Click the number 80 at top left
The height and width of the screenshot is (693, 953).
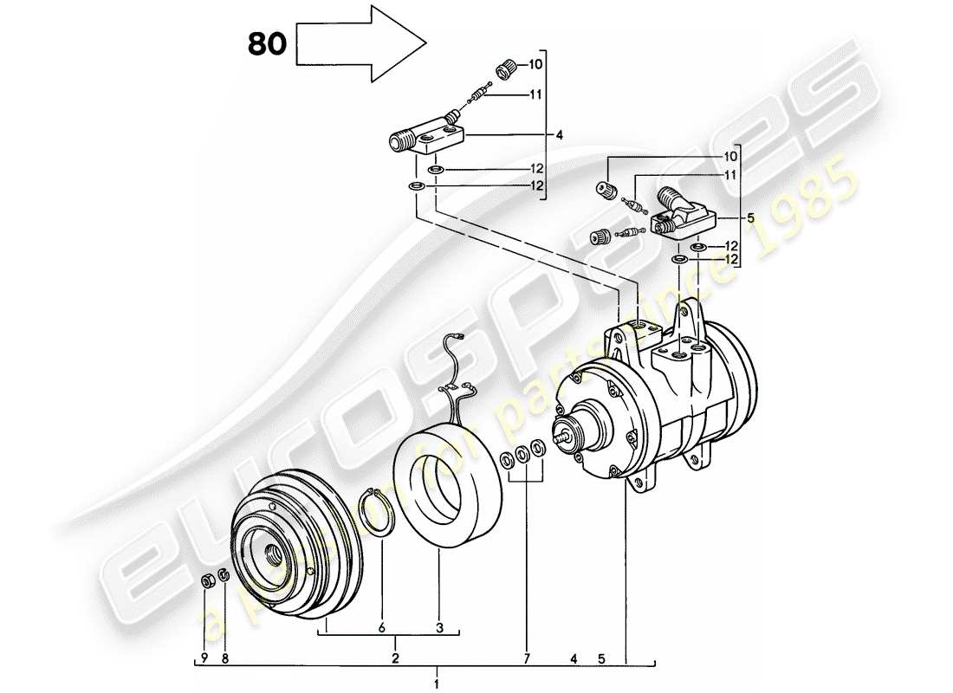(266, 44)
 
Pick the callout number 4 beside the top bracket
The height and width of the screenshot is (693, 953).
(560, 135)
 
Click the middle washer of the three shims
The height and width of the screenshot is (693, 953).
(522, 452)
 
